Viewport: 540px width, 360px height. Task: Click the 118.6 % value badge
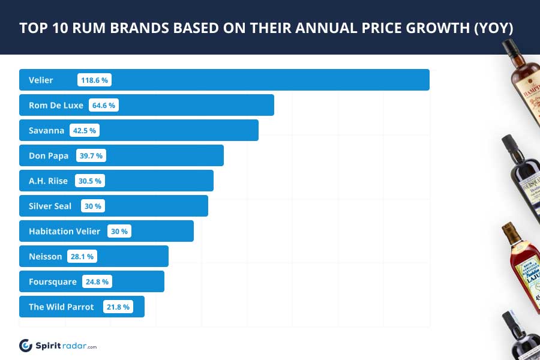point(95,80)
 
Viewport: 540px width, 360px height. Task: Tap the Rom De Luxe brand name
point(56,105)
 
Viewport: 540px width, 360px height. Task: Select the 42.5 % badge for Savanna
point(85,130)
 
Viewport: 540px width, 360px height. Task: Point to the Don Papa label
point(49,155)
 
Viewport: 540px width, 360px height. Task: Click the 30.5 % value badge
point(90,181)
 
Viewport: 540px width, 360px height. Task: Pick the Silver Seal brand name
point(50,206)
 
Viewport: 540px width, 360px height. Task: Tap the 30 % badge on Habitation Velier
point(119,231)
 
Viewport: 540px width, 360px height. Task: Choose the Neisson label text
point(45,256)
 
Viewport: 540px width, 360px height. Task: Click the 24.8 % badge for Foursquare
point(97,281)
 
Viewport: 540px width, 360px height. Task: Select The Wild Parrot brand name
point(61,307)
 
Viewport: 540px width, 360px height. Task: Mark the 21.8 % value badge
point(118,307)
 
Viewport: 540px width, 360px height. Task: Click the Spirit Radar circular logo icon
point(26,346)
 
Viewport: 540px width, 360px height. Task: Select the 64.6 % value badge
point(104,105)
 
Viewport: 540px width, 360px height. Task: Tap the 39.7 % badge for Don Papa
point(91,155)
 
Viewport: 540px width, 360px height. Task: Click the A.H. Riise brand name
point(48,181)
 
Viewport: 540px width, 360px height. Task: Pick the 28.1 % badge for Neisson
point(82,256)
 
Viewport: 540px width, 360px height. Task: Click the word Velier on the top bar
point(41,80)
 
